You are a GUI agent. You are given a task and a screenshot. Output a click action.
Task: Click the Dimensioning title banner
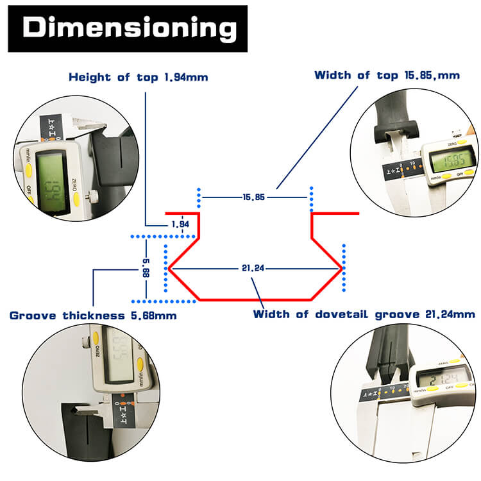pyautogui.click(x=127, y=29)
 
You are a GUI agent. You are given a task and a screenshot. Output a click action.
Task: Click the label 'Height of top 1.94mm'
pyautogui.click(x=139, y=78)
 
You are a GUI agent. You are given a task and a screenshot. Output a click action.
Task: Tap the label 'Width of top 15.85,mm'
pyautogui.click(x=387, y=75)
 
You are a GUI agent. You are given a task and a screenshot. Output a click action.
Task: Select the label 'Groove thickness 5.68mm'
pyautogui.click(x=93, y=315)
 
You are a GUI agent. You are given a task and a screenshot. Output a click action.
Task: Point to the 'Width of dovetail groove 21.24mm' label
pyautogui.click(x=364, y=314)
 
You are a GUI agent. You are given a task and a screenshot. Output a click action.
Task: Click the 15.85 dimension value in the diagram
pyautogui.click(x=254, y=197)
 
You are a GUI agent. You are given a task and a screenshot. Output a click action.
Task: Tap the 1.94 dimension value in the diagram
pyautogui.click(x=181, y=224)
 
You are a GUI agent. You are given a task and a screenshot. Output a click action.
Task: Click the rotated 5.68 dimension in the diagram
pyautogui.click(x=146, y=269)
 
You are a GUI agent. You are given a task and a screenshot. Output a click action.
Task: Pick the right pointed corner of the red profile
pyautogui.click(x=341, y=269)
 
